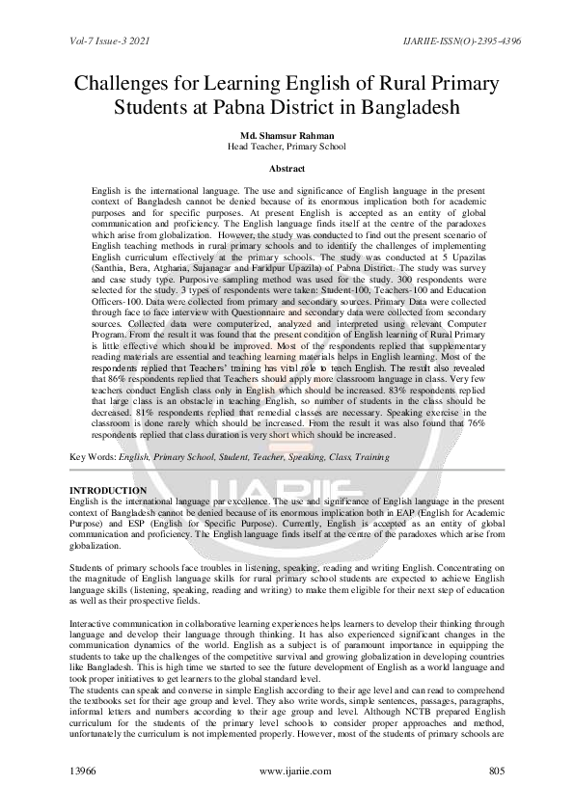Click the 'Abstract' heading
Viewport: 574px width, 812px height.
click(x=287, y=168)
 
